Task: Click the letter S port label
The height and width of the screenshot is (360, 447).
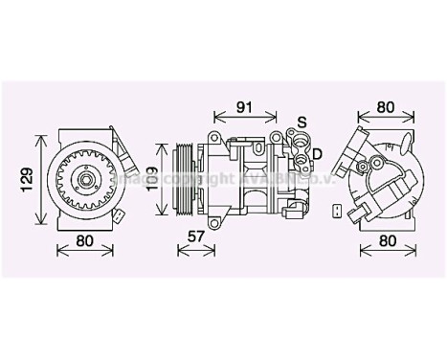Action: point(301,122)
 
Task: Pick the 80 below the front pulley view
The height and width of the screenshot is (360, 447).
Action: point(84,242)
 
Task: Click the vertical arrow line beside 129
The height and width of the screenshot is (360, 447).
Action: point(40,177)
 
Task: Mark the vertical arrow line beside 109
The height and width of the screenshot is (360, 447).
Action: point(161,179)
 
